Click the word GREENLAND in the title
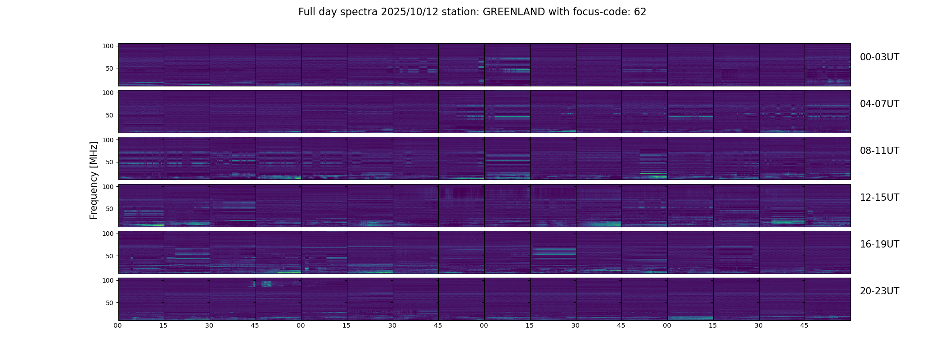pos(513,12)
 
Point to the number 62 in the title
pos(640,12)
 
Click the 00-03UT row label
pos(879,57)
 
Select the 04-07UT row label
pos(879,104)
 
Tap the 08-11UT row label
pos(879,151)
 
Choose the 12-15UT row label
pos(879,198)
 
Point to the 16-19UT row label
pos(879,244)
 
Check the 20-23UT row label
pos(879,291)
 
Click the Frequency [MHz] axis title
pos(94,180)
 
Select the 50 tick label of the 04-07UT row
pos(109,115)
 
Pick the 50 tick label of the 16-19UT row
pos(109,256)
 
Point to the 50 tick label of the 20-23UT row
pos(109,303)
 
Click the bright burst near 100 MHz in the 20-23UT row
pos(266,284)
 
